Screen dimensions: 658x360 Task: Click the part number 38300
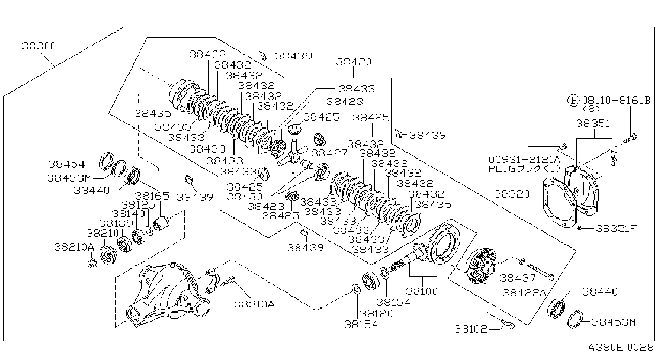tap(39, 46)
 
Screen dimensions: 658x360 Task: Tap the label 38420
tap(354, 62)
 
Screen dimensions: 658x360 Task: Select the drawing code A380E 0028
tap(621, 348)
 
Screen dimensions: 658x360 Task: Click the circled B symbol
tap(573, 101)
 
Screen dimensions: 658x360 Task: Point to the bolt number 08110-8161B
tap(616, 101)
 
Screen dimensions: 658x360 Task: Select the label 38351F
tap(616, 229)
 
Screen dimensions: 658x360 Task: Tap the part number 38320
tap(512, 194)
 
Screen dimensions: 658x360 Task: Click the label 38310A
tap(254, 304)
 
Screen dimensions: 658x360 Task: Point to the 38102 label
tap(471, 329)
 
